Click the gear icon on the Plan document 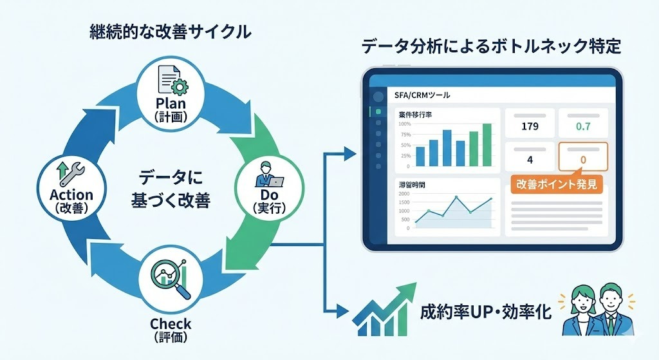coord(180,88)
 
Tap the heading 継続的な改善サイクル coord(170,32)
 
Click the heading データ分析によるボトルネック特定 coord(491,46)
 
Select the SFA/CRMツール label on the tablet coord(422,95)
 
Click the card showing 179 coord(530,123)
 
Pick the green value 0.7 coord(583,126)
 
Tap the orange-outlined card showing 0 coord(583,156)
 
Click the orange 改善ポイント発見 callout coord(557,184)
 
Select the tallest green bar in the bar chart coord(487,145)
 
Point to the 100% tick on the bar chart coord(404,124)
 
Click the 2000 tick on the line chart coord(404,194)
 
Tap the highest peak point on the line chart coord(456,197)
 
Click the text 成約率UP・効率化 coord(485,312)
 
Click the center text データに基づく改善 coord(171,189)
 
